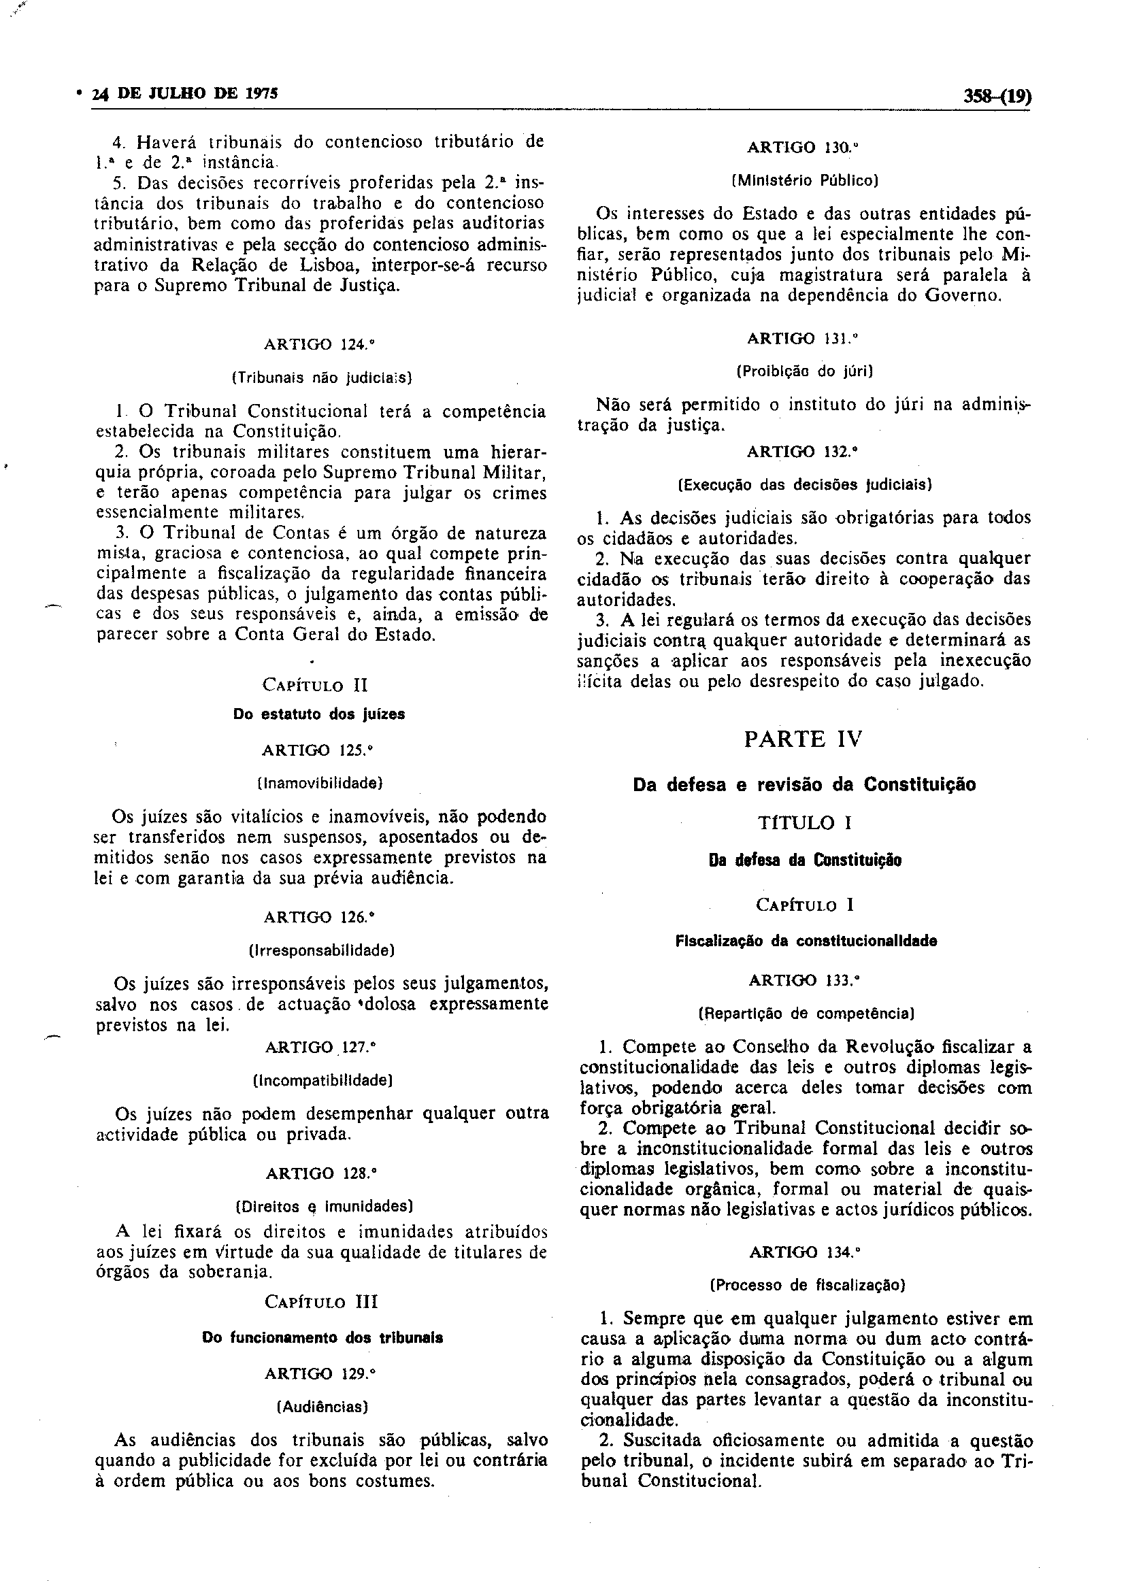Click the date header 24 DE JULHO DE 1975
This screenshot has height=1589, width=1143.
(185, 93)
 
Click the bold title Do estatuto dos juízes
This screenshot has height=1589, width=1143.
(319, 715)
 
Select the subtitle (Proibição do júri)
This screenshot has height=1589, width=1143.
(804, 371)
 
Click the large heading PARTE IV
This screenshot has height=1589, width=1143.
(803, 739)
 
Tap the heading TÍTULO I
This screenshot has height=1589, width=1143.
(804, 822)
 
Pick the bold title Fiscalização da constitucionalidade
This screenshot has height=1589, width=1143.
(806, 941)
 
